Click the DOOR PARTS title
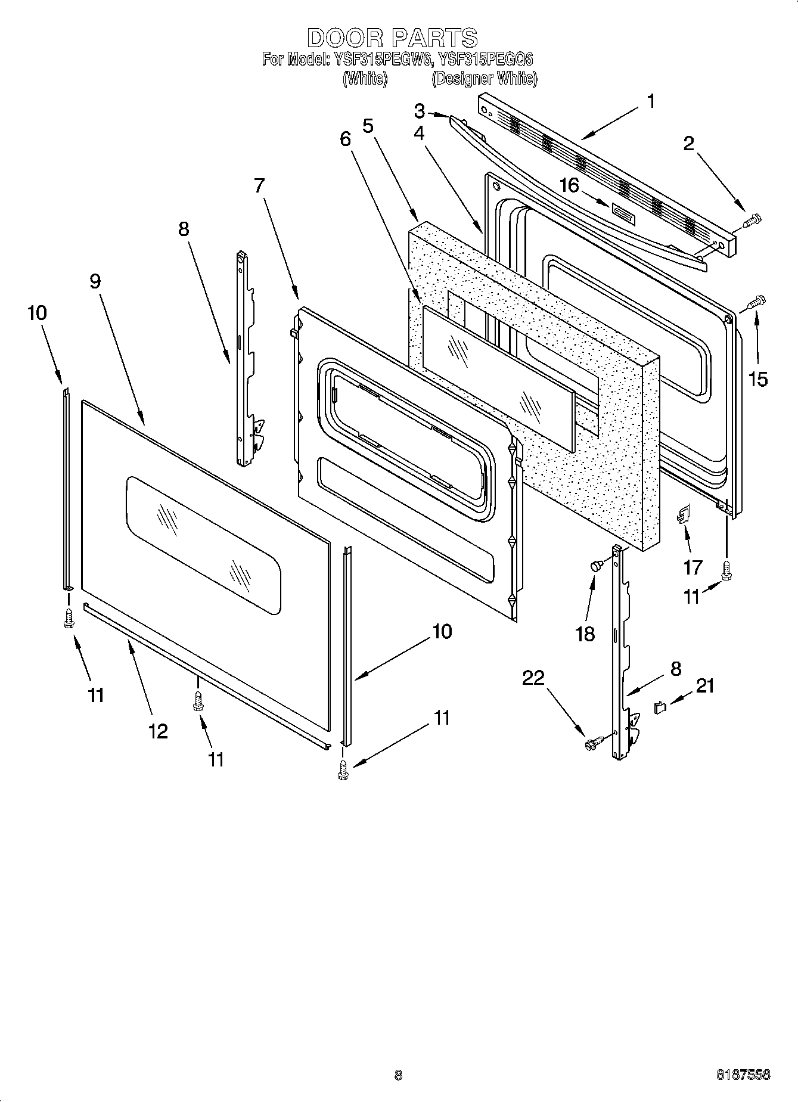[392, 38]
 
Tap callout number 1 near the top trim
[651, 101]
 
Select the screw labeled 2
[752, 221]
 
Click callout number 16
[570, 185]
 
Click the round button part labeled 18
[595, 566]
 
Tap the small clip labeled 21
[659, 707]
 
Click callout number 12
[158, 731]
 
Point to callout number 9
[95, 281]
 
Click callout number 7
[258, 185]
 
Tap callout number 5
[368, 126]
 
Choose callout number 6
[346, 139]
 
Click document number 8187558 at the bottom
[743, 1075]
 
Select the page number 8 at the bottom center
[398, 1075]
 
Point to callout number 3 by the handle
[420, 111]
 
